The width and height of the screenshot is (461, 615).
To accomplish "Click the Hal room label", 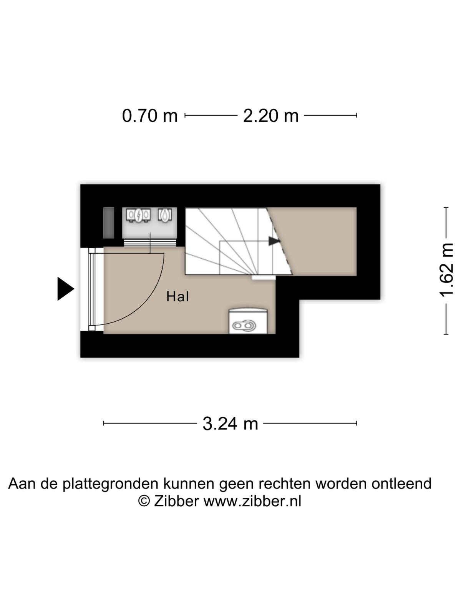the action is (x=177, y=297).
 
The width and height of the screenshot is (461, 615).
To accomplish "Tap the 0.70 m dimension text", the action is (x=150, y=115).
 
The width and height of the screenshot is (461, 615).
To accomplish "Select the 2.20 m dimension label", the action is (x=271, y=115).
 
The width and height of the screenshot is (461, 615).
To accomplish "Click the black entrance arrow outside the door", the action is (x=66, y=289).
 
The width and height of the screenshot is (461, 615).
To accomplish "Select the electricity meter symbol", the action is (x=138, y=215).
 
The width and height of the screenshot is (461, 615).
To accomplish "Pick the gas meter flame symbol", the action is (x=165, y=215).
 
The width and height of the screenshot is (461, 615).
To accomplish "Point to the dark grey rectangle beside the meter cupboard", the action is (x=109, y=223).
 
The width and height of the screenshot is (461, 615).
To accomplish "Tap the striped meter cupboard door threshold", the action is (x=150, y=243).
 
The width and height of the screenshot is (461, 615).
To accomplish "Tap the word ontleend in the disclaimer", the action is (x=401, y=483).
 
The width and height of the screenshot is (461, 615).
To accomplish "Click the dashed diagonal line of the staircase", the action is (x=279, y=241).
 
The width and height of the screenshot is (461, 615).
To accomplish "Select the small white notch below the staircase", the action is (x=264, y=278).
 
